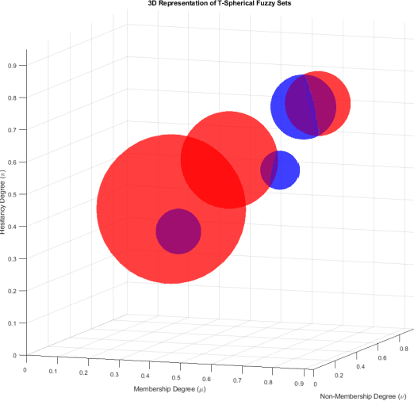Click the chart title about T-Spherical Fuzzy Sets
[214, 4]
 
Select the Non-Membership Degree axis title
[362, 395]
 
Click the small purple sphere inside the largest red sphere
[178, 231]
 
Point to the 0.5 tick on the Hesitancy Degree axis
[13, 194]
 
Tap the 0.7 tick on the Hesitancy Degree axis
[13, 129]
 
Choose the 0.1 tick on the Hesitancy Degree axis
[13, 323]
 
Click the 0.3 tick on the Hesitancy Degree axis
[13, 258]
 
